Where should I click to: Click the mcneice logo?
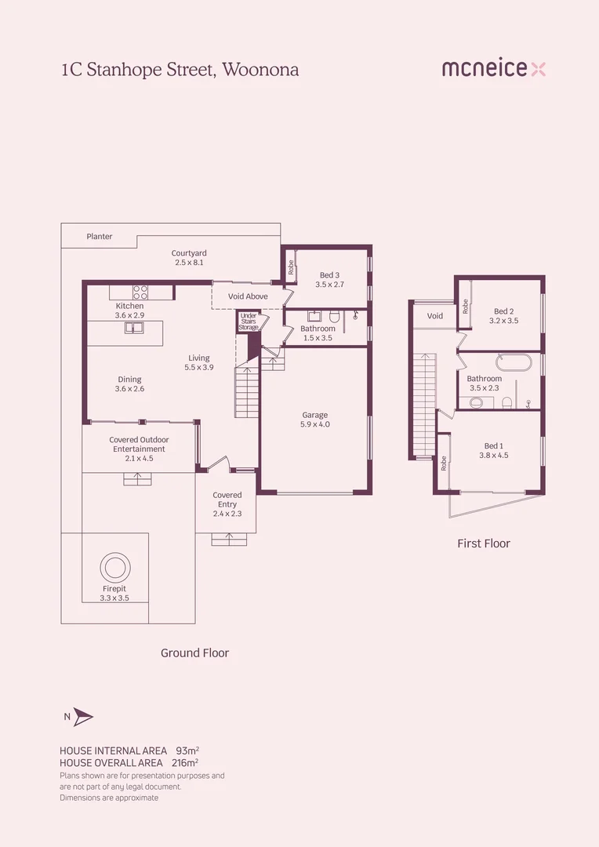493,69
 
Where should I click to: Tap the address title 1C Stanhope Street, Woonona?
180,69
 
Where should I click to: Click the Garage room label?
315,415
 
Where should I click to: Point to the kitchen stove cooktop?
140,293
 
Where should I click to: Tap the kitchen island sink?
134,328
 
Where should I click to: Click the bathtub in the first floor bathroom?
514,364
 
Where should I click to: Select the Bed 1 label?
494,445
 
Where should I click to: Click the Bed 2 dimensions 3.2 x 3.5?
504,321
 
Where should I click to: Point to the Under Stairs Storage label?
249,321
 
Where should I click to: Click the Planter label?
100,236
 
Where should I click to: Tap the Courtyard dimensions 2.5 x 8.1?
189,263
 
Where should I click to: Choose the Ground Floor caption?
194,653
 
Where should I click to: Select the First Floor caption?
484,543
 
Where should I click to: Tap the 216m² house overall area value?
184,762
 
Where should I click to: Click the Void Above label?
248,296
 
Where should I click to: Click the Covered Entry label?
227,500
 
